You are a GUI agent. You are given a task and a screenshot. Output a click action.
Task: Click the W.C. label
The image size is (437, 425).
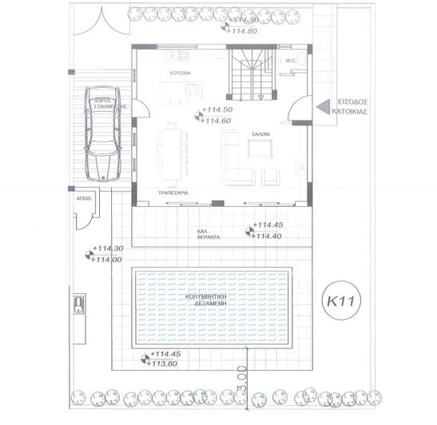pos(291,59)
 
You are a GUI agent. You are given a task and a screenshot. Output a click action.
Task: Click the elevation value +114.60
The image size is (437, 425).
pos(217,120)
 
